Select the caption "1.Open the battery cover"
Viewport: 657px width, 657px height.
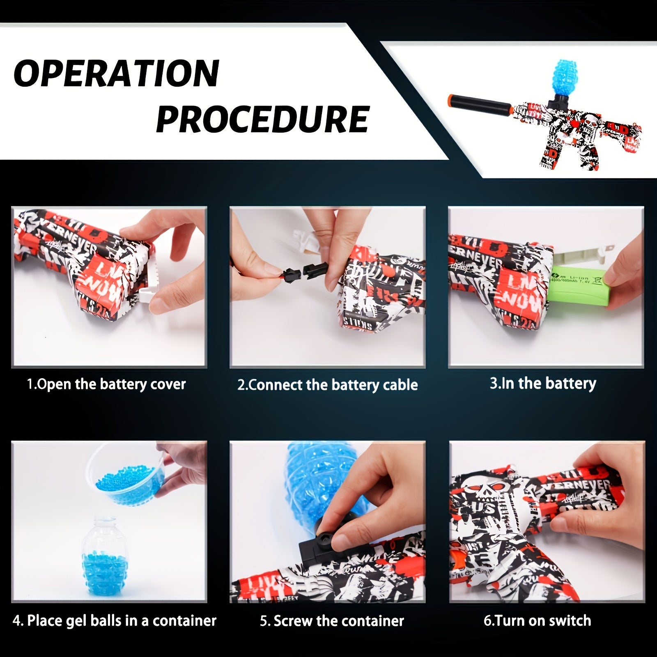[x=106, y=384]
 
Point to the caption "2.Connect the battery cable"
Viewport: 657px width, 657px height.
[x=327, y=385]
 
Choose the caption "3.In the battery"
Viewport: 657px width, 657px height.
[x=542, y=383]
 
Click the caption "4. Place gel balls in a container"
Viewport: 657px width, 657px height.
[x=114, y=620]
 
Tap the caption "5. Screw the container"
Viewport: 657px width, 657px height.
[x=332, y=620]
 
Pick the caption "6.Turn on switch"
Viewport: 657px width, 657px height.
[x=537, y=620]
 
